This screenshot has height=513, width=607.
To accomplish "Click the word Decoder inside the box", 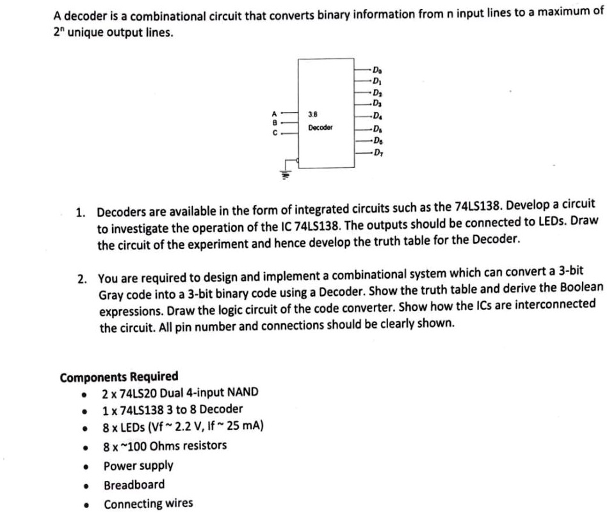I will [320, 127].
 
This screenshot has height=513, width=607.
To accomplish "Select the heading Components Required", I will [118, 376].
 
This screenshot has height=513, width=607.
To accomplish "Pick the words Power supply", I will [138, 466].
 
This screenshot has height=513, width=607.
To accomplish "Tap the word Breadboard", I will [134, 484].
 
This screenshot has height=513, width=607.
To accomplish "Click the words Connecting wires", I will [148, 503].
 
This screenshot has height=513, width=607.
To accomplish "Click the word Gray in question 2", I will [111, 293].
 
